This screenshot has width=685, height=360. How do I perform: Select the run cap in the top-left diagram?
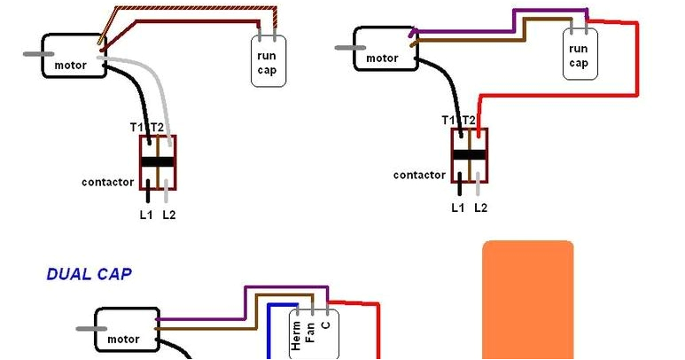click(x=269, y=60)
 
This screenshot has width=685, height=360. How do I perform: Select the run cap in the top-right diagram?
click(x=579, y=55)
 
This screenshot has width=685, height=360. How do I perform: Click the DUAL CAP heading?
click(x=89, y=275)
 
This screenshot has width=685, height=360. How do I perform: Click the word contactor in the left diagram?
click(x=108, y=183)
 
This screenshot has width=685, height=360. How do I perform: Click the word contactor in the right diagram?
click(x=419, y=176)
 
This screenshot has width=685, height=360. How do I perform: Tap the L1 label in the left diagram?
click(x=146, y=215)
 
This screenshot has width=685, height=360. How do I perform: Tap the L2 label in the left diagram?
click(x=169, y=215)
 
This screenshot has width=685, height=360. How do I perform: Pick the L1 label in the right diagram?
click(x=457, y=208)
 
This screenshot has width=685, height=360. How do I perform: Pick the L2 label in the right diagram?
click(x=480, y=208)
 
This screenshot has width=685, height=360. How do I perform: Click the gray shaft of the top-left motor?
click(x=36, y=54)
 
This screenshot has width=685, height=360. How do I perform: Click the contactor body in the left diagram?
click(x=158, y=162)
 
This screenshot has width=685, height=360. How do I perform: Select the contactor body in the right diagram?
click(x=469, y=155)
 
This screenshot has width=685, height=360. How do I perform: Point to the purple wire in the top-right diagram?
click(x=514, y=15)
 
